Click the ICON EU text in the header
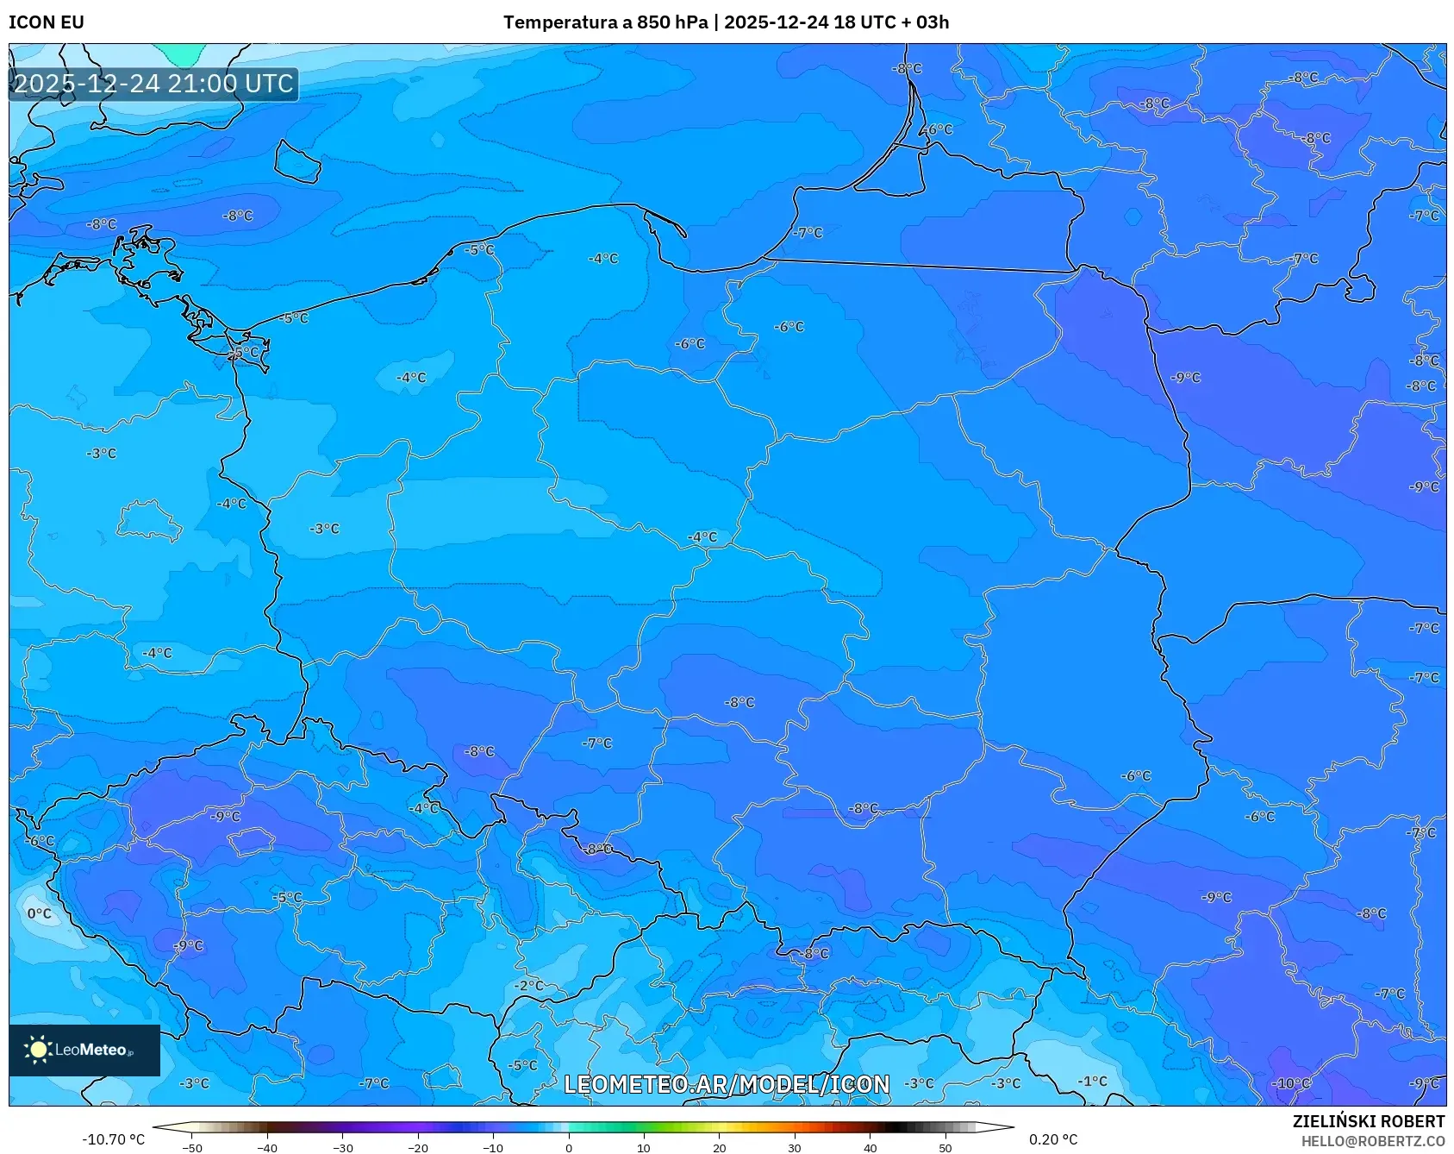pyautogui.click(x=47, y=22)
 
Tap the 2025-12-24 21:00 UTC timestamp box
pyautogui.click(x=153, y=84)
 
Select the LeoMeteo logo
pyautogui.click(x=84, y=1050)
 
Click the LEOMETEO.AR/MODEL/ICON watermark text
pyautogui.click(x=726, y=1084)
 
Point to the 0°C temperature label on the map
pyautogui.click(x=40, y=913)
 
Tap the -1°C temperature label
pyautogui.click(x=1092, y=1081)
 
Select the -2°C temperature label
pyautogui.click(x=529, y=985)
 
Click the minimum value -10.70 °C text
pyautogui.click(x=113, y=1139)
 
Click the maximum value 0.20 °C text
pyautogui.click(x=1053, y=1139)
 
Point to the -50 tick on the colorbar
pyautogui.click(x=192, y=1147)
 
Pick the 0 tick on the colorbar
pyautogui.click(x=568, y=1147)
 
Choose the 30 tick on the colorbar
pyautogui.click(x=794, y=1147)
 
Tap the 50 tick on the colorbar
pyautogui.click(x=945, y=1147)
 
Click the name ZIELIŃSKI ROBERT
pyautogui.click(x=1368, y=1121)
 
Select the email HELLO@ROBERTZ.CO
pyautogui.click(x=1372, y=1141)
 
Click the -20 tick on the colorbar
pyautogui.click(x=418, y=1147)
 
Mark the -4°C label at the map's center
pyautogui.click(x=702, y=537)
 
